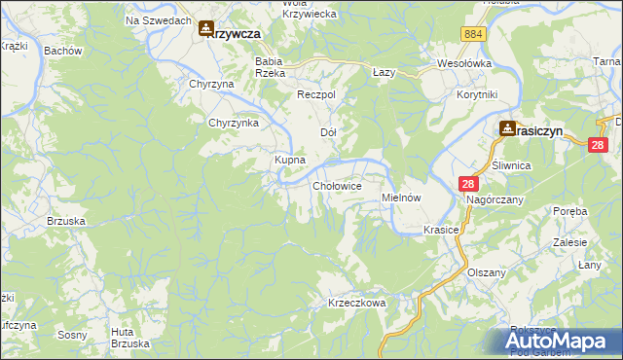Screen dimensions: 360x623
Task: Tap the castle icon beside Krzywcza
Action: (x=205, y=30)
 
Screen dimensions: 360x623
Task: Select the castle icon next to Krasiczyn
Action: (x=507, y=128)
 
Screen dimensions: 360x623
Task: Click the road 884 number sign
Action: (x=474, y=34)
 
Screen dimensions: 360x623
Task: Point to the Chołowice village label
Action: (x=339, y=185)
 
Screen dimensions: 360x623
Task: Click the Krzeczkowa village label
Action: (x=357, y=303)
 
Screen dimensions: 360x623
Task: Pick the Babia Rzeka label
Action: (x=269, y=66)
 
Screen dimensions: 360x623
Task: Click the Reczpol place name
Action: (x=316, y=94)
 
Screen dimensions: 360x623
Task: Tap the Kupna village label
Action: (x=290, y=159)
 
